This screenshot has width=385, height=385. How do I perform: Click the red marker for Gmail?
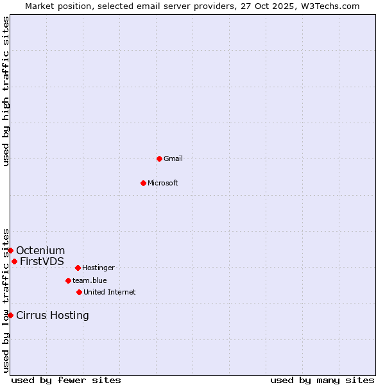(159, 158)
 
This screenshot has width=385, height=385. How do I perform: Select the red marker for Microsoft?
(144, 183)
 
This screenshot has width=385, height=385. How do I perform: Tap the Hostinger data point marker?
(78, 268)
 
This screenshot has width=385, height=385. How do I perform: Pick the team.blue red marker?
(68, 280)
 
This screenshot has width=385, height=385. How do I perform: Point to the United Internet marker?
(79, 292)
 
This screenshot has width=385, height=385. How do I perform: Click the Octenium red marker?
(11, 250)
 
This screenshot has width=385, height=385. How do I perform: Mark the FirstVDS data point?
(14, 261)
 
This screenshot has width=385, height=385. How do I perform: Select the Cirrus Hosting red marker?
(10, 315)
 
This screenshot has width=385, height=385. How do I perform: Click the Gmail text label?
(173, 159)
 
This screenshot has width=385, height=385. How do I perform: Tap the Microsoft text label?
(163, 184)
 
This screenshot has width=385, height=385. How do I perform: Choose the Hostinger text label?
(98, 268)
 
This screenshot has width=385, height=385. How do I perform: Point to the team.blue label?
(90, 281)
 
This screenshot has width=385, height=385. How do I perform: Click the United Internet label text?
(109, 293)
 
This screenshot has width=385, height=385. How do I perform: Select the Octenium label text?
(40, 251)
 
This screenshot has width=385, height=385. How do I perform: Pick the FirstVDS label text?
(42, 262)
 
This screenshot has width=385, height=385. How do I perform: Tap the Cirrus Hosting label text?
(53, 316)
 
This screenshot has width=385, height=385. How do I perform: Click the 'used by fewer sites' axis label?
(66, 380)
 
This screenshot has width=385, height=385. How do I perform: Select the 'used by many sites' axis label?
(322, 380)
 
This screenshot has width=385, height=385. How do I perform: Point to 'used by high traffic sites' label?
(6, 91)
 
